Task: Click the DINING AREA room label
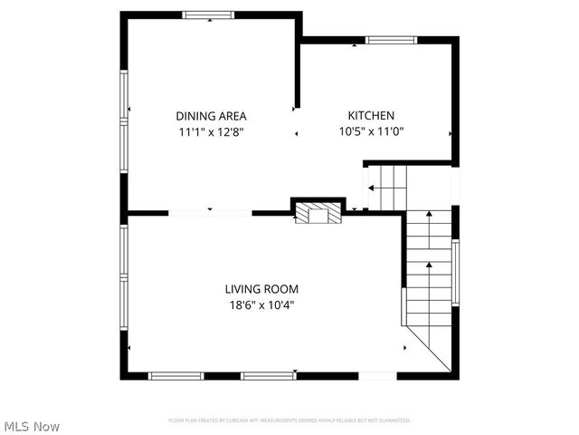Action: point(211,116)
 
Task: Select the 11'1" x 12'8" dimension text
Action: point(211,131)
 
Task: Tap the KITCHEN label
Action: point(371,115)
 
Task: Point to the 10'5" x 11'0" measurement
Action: point(371,131)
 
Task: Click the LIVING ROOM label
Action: point(261,289)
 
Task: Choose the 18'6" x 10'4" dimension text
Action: point(261,305)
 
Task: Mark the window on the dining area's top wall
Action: point(208,14)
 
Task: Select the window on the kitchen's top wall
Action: point(391,40)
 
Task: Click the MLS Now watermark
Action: point(32,426)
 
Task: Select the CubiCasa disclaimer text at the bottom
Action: point(289,420)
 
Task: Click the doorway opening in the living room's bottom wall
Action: point(378,375)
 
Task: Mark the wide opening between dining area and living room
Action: point(210,213)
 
